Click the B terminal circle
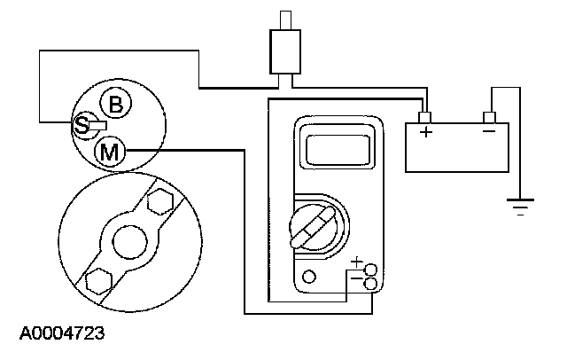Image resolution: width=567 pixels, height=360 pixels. coord(116,106)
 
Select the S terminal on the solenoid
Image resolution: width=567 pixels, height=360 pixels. coord(82,125)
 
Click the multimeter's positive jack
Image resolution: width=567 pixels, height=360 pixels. coord(370,269)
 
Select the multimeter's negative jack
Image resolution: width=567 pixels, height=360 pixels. coord(370,283)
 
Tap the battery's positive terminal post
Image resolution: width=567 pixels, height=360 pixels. coord(426,116)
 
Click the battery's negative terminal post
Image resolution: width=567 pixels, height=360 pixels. coord(488,116)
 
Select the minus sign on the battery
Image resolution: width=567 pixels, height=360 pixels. coord(488,133)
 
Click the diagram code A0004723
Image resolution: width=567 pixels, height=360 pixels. coord(61,335)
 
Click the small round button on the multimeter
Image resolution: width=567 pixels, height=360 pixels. coord(308,277)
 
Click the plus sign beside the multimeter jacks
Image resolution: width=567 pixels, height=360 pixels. coord(357,262)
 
